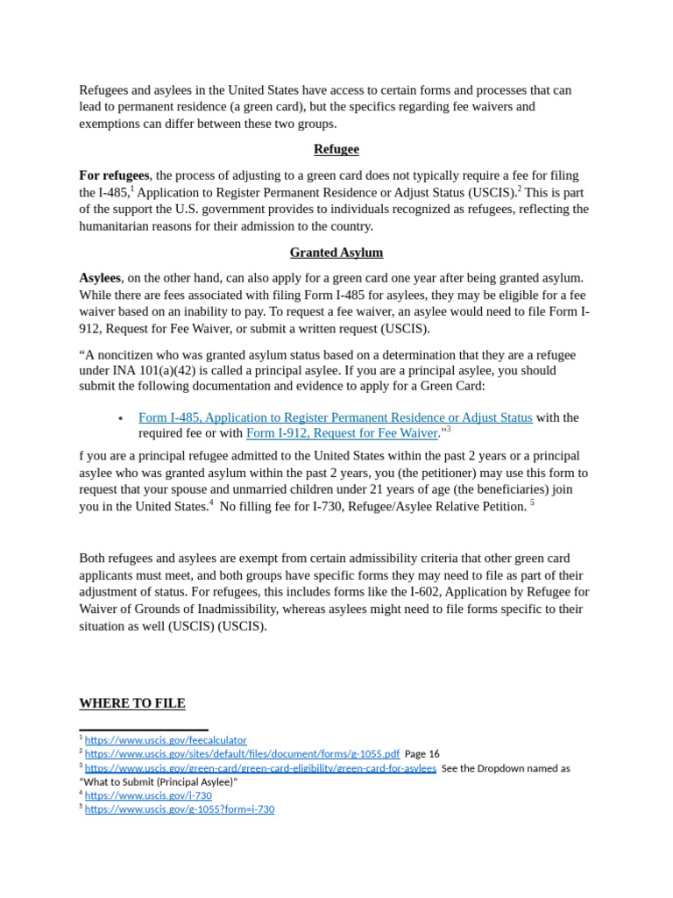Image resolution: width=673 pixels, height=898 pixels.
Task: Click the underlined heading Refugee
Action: (336, 149)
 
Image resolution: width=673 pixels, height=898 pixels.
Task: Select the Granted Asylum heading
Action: (336, 253)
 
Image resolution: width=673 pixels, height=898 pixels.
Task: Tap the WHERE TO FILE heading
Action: (132, 703)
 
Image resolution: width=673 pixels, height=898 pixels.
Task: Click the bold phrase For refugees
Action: (114, 175)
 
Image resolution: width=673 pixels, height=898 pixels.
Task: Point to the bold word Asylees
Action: (100, 278)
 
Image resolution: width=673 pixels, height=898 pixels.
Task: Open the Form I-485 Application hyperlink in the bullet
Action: (335, 417)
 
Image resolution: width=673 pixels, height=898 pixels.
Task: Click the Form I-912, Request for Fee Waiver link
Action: (342, 433)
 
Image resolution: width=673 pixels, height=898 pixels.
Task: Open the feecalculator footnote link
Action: (166, 740)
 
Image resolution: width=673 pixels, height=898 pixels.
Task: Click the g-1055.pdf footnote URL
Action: (242, 754)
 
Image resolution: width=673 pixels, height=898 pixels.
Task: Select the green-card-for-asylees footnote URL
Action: (260, 768)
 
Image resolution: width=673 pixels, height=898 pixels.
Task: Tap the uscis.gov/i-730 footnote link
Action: (148, 795)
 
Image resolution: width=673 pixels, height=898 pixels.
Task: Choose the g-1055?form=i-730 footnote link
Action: (180, 809)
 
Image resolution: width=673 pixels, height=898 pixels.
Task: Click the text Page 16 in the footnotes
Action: (422, 754)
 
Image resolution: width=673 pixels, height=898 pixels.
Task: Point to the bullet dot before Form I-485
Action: (121, 419)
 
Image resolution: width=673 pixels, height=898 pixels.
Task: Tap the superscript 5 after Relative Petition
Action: (532, 502)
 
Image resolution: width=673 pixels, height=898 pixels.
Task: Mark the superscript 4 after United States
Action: (211, 502)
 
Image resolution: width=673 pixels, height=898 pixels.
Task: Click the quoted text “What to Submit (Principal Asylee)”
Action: (159, 781)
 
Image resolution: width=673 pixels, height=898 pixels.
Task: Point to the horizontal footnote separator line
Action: (144, 730)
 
